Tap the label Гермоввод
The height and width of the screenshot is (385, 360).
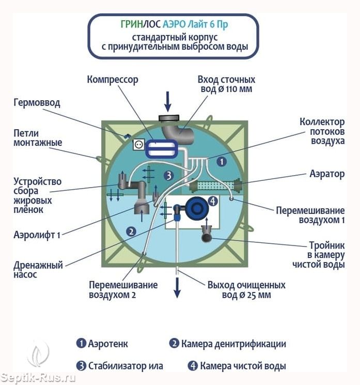point(37,102)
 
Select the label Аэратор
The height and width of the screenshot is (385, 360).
point(327,174)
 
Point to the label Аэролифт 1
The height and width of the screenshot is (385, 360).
point(37,235)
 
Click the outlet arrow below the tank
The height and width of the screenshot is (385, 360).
point(177,287)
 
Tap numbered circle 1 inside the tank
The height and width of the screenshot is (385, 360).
point(222,162)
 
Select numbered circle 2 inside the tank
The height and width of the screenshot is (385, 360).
point(131,232)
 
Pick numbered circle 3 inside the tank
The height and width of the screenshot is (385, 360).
point(168,175)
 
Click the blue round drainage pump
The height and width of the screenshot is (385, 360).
point(196,208)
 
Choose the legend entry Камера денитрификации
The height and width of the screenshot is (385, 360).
point(227,344)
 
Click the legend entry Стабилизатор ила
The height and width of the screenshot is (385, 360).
point(119,366)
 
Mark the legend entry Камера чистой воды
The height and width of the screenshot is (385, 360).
point(237,366)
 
